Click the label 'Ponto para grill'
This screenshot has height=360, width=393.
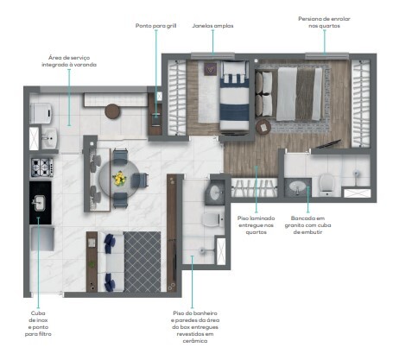pyautogui.click(x=155, y=27)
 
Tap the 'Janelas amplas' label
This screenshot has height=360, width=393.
pyautogui.click(x=212, y=27)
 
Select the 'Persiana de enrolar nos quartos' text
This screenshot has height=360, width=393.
pyautogui.click(x=324, y=22)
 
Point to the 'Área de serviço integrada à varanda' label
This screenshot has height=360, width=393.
pyautogui.click(x=70, y=63)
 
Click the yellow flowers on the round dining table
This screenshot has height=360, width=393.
pyautogui.click(x=117, y=179)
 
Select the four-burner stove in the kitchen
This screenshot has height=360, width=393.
pyautogui.click(x=42, y=167)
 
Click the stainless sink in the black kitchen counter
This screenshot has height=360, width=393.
pyautogui.click(x=40, y=203)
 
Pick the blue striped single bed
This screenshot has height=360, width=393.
pyautogui.click(x=232, y=97)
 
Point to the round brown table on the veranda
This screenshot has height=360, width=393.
pyautogui.click(x=113, y=111)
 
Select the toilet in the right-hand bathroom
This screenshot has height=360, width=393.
pyautogui.click(x=326, y=184)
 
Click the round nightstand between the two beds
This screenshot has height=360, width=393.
pyautogui.click(x=263, y=128)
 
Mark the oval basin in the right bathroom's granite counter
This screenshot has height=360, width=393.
pyautogui.click(x=298, y=186)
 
